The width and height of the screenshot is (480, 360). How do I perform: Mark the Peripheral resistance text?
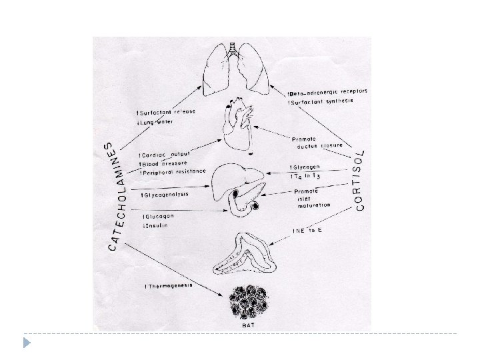pos(172,172)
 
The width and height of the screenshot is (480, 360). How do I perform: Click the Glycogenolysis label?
pos(166,195)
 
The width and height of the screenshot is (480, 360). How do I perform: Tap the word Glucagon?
pos(158,217)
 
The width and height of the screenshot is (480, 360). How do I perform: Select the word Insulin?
pos(156,226)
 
